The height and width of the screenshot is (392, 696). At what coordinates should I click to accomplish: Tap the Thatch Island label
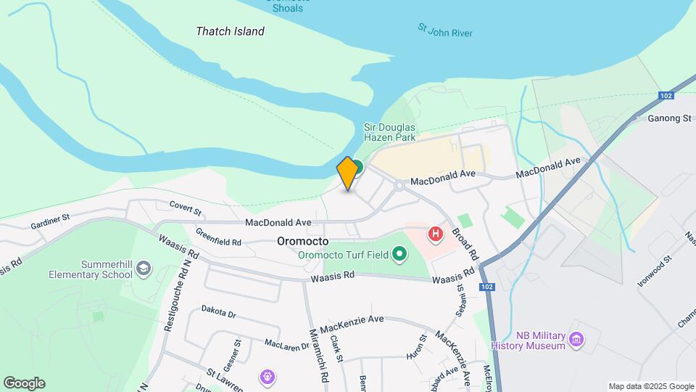(230, 31)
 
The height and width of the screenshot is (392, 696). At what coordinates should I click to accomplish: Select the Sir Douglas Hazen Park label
(389, 131)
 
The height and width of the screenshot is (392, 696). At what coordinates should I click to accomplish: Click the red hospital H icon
(436, 234)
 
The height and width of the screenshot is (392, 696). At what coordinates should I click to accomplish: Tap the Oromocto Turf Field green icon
(399, 254)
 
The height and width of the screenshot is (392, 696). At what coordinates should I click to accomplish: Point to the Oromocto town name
(302, 241)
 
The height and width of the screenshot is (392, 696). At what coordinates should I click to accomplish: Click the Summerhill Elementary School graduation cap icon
(144, 269)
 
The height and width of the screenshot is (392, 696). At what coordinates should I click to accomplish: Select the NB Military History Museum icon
(576, 339)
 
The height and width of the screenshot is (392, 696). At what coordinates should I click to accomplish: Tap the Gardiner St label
(50, 221)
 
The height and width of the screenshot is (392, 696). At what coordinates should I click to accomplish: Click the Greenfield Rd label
(218, 237)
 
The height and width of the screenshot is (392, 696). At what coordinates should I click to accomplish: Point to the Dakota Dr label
(219, 312)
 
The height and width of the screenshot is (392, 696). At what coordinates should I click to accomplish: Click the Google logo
(24, 383)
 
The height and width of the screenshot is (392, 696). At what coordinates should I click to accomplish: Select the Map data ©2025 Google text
(651, 386)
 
